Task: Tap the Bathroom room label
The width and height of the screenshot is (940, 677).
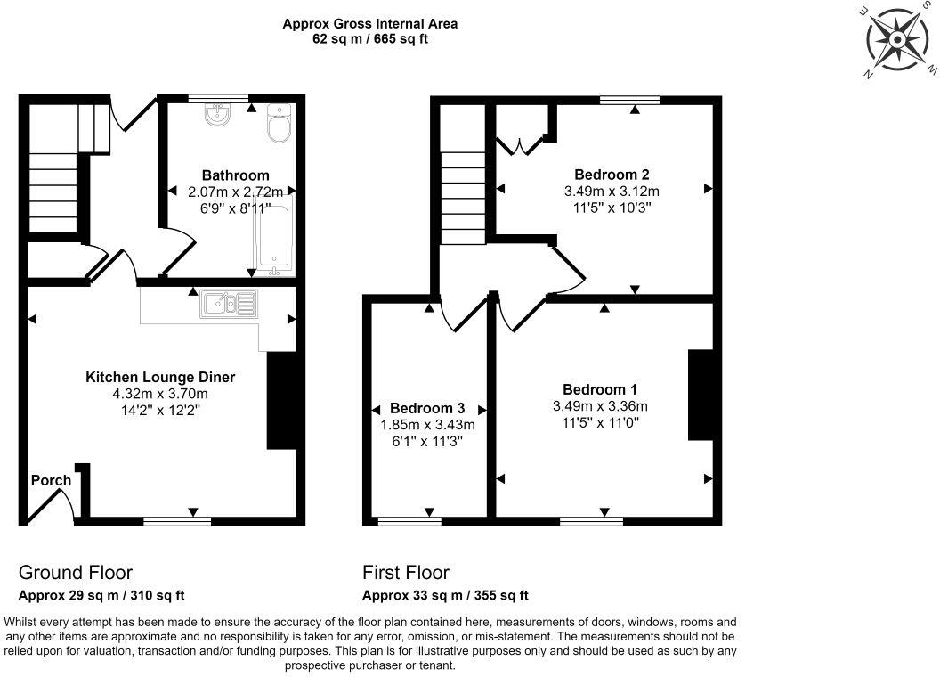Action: pos(235,175)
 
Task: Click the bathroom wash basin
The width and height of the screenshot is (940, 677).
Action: pos(216,114)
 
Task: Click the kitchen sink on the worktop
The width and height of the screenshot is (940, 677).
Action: pos(229,304)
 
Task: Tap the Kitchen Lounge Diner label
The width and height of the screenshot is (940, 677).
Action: pos(160,378)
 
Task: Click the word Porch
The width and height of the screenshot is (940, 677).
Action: pos(51,480)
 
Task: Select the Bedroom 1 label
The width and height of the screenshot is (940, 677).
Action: pos(599,389)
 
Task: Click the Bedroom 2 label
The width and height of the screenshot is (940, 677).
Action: pos(611,175)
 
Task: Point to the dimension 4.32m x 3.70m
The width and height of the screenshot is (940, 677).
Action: pos(160,394)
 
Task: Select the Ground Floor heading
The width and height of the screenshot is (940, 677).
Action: pos(76,573)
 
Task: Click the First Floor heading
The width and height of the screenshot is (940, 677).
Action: pos(406,573)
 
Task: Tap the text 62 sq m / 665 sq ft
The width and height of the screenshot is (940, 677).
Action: pos(370,40)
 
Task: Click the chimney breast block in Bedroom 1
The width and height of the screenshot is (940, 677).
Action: pos(701,395)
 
